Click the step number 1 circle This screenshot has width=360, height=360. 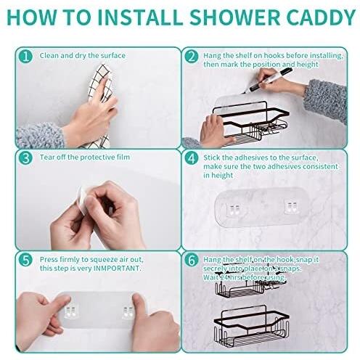pos(25,57)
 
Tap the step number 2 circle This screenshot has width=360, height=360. pos(191,57)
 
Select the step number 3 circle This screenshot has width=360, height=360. pos(25,158)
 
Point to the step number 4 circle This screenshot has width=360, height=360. pos(191,158)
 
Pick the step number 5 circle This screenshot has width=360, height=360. pos(25,261)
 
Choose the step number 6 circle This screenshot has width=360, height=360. pos(191,261)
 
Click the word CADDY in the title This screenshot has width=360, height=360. pos(321,17)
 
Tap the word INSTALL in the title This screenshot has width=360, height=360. pos(140,17)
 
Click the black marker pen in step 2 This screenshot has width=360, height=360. pos(267,80)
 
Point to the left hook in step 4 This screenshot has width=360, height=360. pos(233,209)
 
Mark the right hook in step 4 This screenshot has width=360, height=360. pos(291,208)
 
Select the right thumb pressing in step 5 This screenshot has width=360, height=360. pos(139,306)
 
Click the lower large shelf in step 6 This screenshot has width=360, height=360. pos(252,327)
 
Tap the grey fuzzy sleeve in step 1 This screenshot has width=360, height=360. pos(40,136)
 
